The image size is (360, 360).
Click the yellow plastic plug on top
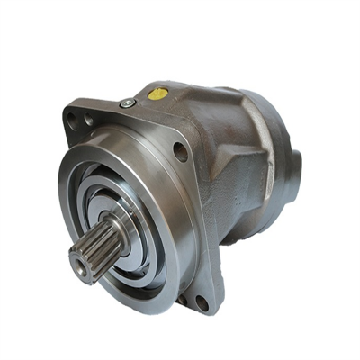pos(158,93)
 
